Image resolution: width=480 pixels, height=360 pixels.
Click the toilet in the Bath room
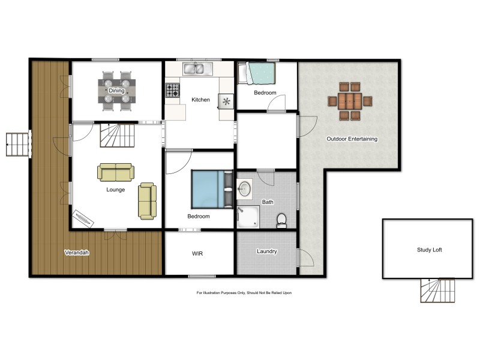pyautogui.click(x=280, y=221)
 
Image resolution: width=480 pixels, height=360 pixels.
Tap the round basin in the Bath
pyautogui.click(x=245, y=189)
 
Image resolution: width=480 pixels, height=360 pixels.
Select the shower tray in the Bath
pyautogui.click(x=247, y=217)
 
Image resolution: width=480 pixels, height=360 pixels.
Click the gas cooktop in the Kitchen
pyautogui.click(x=173, y=91)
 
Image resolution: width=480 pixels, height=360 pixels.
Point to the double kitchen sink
pyautogui.click(x=194, y=69)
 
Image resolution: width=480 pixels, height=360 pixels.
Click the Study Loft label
pyautogui.click(x=430, y=250)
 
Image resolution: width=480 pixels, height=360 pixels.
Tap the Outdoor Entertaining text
pyautogui.click(x=352, y=139)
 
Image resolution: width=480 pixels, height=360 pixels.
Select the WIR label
pyautogui.click(x=197, y=254)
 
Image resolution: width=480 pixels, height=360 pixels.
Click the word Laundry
pyautogui.click(x=266, y=251)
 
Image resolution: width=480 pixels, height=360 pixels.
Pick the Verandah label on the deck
pyautogui.click(x=77, y=253)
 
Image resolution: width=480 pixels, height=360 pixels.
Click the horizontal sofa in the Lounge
pyautogui.click(x=115, y=172)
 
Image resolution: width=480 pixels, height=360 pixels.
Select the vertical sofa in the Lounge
pyautogui.click(x=147, y=201)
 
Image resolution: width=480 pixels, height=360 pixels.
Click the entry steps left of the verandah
pyautogui.click(x=17, y=144)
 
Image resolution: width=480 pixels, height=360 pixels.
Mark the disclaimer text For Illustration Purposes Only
pyautogui.click(x=244, y=293)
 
